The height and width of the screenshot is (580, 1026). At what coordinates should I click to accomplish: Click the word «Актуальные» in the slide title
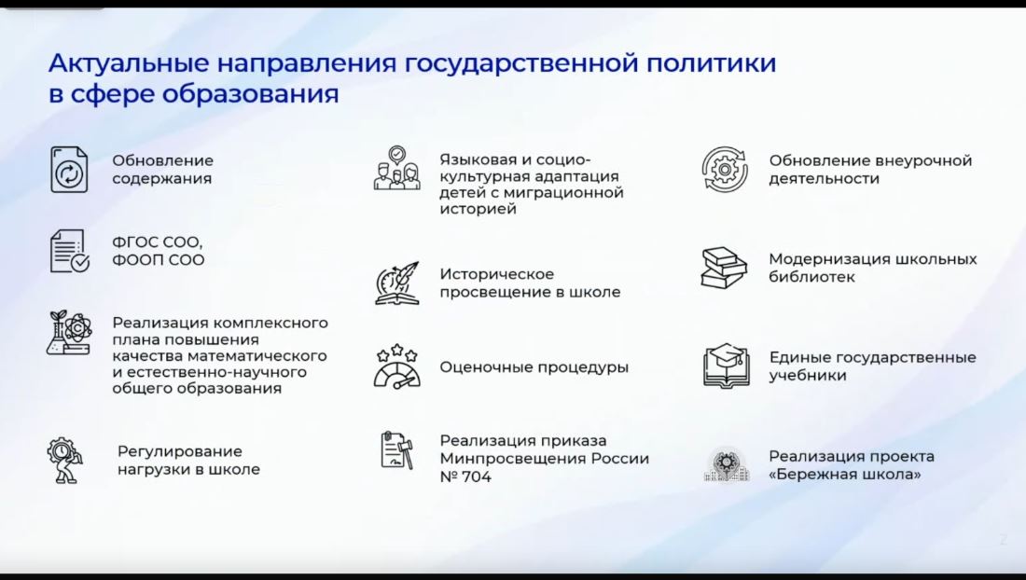pyautogui.click(x=129, y=63)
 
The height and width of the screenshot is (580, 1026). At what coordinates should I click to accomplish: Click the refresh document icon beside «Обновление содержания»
pyautogui.click(x=69, y=170)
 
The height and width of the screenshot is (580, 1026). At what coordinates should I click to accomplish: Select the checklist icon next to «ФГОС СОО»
pyautogui.click(x=69, y=251)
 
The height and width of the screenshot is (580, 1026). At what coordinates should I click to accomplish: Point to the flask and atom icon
pyautogui.click(x=69, y=333)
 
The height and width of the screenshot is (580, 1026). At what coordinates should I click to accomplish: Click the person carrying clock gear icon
pyautogui.click(x=64, y=461)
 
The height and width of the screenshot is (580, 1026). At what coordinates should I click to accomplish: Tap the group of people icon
pyautogui.click(x=396, y=168)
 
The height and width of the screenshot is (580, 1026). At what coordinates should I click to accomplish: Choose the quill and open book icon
pyautogui.click(x=397, y=283)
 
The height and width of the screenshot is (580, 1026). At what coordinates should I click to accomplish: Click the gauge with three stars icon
pyautogui.click(x=397, y=366)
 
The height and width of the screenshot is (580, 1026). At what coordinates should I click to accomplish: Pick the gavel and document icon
pyautogui.click(x=397, y=449)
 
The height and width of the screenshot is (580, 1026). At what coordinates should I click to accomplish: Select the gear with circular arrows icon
pyautogui.click(x=725, y=170)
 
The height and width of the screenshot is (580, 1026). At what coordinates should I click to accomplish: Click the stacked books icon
pyautogui.click(x=724, y=268)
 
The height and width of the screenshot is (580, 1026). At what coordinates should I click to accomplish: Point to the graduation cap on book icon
pyautogui.click(x=726, y=366)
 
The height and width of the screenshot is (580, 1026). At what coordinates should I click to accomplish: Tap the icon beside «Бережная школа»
pyautogui.click(x=727, y=464)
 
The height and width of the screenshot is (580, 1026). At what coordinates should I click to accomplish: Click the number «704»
pyautogui.click(x=477, y=476)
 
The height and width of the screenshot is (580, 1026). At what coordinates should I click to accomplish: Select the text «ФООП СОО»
pyautogui.click(x=159, y=259)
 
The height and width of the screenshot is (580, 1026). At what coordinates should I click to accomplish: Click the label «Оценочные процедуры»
pyautogui.click(x=534, y=366)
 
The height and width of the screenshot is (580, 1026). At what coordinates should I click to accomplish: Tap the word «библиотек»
pyautogui.click(x=811, y=277)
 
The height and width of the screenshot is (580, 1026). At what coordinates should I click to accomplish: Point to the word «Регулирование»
pyautogui.click(x=180, y=451)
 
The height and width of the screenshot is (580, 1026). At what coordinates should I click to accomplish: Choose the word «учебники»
pyautogui.click(x=808, y=376)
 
